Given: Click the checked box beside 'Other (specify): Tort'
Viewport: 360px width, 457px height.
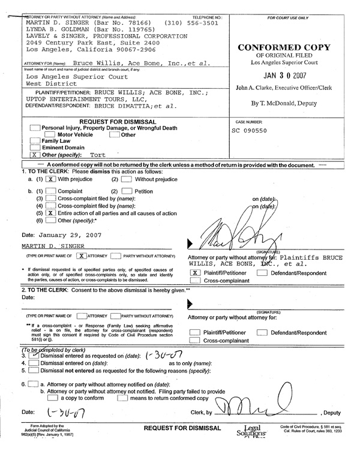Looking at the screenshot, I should pyautogui.click(x=34, y=155).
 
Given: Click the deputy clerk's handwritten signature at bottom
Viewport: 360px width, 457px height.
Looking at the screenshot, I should pyautogui.click(x=252, y=413).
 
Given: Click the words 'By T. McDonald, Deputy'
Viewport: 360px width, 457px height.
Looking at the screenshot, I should pyautogui.click(x=284, y=103).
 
